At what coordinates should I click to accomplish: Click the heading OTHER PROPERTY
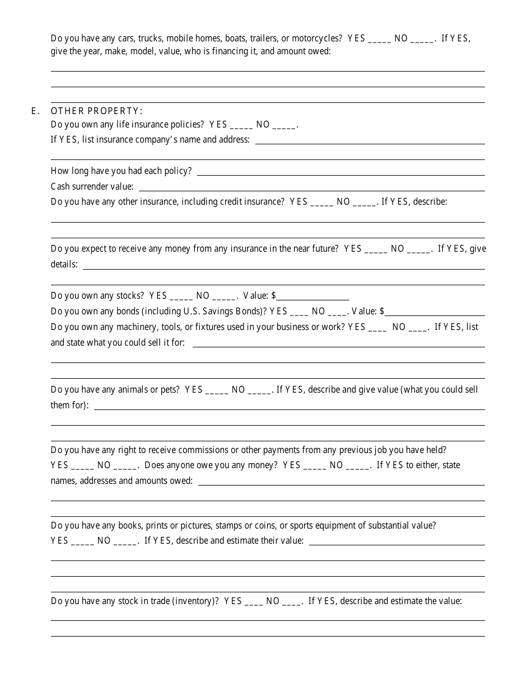96,111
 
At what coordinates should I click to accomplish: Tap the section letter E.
35,111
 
